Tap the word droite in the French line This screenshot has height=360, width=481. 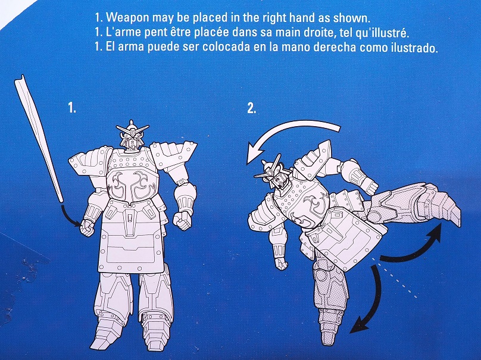click(316, 33)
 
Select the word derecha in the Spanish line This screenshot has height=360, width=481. click(336, 48)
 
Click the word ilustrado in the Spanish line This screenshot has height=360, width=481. click(414, 48)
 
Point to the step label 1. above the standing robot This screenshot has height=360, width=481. click(72, 108)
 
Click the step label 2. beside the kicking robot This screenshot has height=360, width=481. click(251, 108)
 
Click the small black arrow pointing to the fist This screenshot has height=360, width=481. click(70, 216)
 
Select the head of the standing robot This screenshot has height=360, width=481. click(132, 136)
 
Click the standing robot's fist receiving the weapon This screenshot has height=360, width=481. click(88, 227)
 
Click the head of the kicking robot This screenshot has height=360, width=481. click(271, 172)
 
